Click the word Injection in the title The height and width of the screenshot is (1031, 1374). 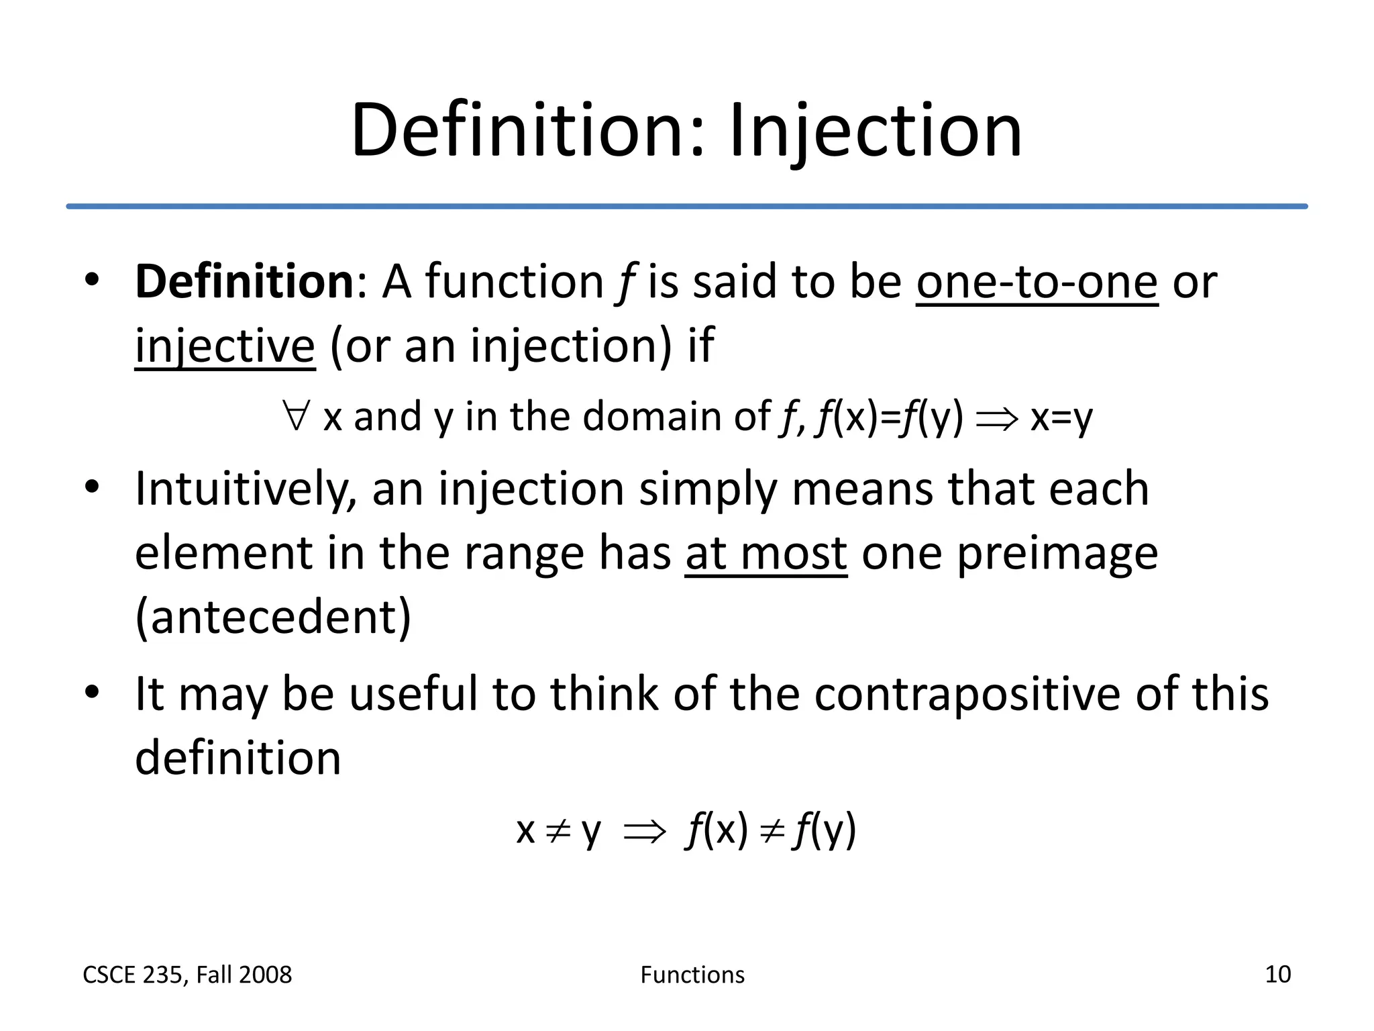tap(875, 132)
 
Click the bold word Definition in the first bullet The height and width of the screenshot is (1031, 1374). tap(244, 282)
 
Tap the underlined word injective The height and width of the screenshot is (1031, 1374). tap(225, 346)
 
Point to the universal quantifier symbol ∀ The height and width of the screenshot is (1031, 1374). tap(296, 415)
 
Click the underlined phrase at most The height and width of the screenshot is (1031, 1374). tap(766, 554)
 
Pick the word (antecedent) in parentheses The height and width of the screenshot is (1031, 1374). tap(273, 618)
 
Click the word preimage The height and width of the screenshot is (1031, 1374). tap(1057, 554)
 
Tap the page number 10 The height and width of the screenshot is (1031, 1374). tap(1277, 974)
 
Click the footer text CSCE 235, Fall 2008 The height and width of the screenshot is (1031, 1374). tap(187, 975)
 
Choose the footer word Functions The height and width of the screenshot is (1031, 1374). tap(692, 975)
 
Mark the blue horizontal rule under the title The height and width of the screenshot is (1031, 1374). tap(687, 206)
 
